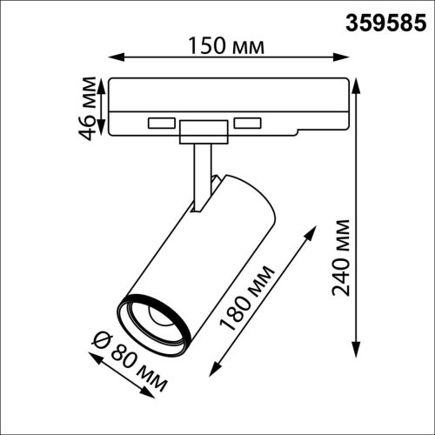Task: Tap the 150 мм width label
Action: [225, 44]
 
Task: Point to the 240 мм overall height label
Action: [342, 258]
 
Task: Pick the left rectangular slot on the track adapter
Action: [161, 122]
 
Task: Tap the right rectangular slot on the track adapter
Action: [248, 122]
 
